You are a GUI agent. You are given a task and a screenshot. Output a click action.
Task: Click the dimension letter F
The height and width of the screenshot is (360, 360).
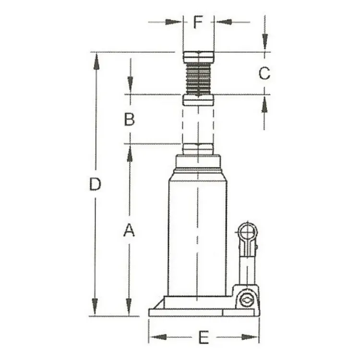point(198,22)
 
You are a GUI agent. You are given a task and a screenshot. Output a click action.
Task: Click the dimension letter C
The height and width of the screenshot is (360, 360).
point(264,73)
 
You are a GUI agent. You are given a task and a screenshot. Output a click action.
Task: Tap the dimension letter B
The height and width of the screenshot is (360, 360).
point(129,120)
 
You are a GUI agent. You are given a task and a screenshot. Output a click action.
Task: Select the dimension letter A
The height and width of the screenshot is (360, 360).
point(129,230)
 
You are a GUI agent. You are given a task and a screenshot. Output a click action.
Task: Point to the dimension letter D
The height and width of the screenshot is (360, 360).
point(95,184)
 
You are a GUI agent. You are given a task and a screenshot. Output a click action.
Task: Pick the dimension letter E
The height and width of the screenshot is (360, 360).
point(204,337)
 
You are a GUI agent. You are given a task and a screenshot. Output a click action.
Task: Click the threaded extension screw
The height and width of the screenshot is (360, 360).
point(198,78)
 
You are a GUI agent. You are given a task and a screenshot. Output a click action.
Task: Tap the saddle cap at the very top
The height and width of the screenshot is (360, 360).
point(199,57)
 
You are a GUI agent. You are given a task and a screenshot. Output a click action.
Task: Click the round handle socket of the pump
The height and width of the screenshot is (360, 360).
point(248,232)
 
